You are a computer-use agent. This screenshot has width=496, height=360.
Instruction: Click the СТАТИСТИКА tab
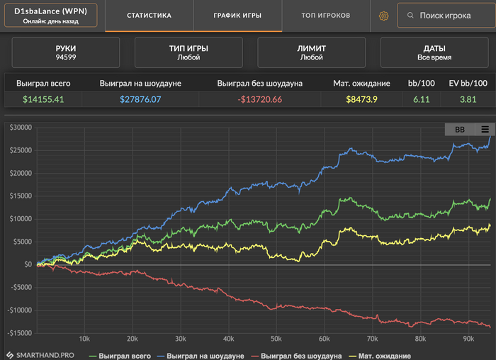coord(149,15)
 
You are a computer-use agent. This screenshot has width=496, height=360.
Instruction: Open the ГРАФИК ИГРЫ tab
coord(237,15)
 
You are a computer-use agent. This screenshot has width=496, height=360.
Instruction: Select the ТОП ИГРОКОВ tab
coord(325,15)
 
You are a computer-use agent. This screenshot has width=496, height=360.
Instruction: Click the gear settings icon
coord(384,16)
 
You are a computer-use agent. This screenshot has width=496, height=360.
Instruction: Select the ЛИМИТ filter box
coord(311,52)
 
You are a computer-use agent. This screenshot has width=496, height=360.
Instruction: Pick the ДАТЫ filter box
coord(434,52)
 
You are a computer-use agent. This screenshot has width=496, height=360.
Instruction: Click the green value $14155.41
coord(43,99)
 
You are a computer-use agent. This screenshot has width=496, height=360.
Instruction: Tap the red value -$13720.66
coord(259,99)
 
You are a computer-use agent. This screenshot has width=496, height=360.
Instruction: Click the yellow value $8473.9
coord(361,99)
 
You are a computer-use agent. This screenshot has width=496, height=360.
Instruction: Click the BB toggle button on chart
coord(459,129)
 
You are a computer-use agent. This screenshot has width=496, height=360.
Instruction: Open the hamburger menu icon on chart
coord(485,129)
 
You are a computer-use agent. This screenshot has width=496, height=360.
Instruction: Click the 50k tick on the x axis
coord(276,338)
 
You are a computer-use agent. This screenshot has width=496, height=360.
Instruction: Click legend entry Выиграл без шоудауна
coord(301,355)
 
